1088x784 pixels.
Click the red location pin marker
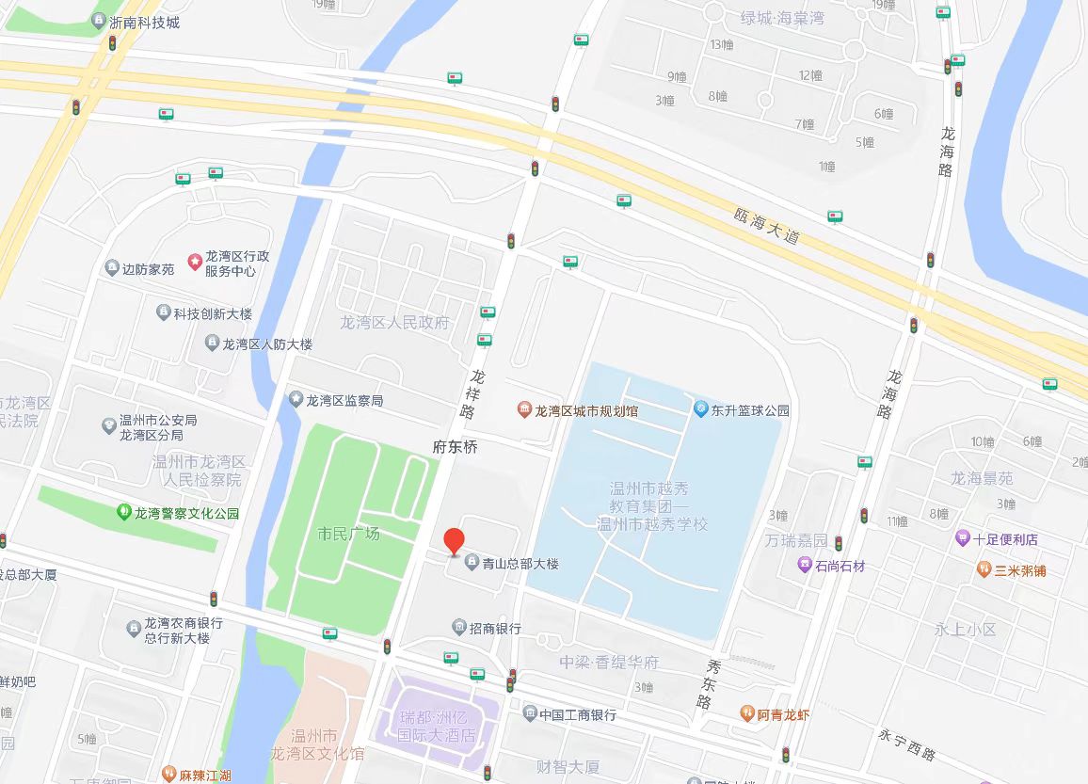coord(454,540)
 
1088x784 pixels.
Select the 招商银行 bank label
coord(495,628)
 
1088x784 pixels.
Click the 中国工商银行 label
coord(578,714)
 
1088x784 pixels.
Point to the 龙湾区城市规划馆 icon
coord(523,409)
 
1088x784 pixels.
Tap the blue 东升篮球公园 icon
coord(700,409)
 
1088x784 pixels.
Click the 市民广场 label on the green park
coord(348,534)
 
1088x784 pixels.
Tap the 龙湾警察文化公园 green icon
coord(123,513)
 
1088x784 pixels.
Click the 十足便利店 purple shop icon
coord(962,539)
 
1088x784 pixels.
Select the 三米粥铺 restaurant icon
coord(984,569)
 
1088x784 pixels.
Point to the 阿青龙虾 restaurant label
coord(783,714)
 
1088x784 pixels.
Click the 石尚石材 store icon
coord(805,566)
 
